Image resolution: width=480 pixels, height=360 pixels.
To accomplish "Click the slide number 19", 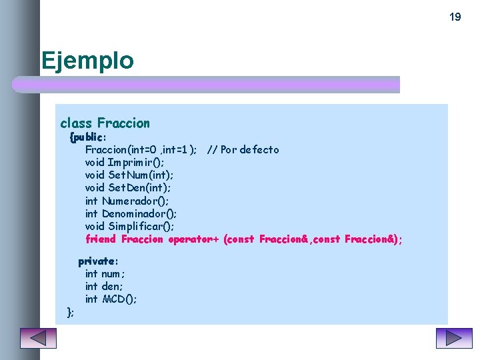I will [x=455, y=17].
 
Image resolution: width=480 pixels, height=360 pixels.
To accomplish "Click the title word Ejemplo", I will [x=87, y=61].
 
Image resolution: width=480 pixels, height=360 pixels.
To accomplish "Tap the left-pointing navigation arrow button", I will [x=38, y=338].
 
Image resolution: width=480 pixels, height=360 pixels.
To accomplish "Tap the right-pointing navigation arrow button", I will [x=453, y=338].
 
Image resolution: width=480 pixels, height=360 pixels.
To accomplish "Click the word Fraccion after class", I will [x=123, y=123].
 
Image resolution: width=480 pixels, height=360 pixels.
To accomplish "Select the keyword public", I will [x=90, y=137].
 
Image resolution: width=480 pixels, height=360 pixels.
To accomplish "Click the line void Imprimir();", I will [x=125, y=162].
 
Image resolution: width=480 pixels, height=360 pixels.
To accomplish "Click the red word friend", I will [x=101, y=239].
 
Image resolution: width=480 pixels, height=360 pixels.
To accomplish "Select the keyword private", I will [x=98, y=261].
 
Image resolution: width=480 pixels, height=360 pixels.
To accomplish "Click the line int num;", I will [x=105, y=274].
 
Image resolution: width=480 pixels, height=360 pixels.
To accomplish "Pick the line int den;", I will [x=104, y=287].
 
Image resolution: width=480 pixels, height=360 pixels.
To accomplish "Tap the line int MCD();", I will [x=111, y=299].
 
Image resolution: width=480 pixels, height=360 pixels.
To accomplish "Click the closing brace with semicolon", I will [x=70, y=312].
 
